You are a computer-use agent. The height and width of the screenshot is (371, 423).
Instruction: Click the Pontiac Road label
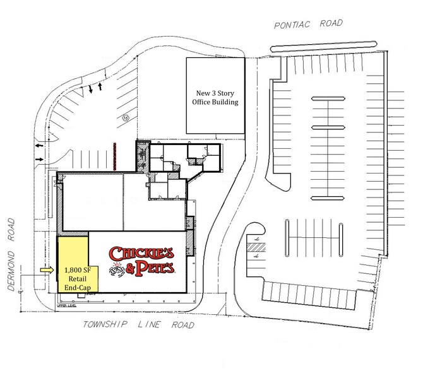pyautogui.click(x=308, y=23)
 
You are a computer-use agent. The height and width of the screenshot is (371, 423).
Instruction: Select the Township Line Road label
pyautogui.click(x=138, y=325)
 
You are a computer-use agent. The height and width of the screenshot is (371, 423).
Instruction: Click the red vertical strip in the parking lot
pyautogui.click(x=115, y=155)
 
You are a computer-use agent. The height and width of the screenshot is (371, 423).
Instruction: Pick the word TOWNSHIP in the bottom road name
pyautogui.click(x=106, y=325)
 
